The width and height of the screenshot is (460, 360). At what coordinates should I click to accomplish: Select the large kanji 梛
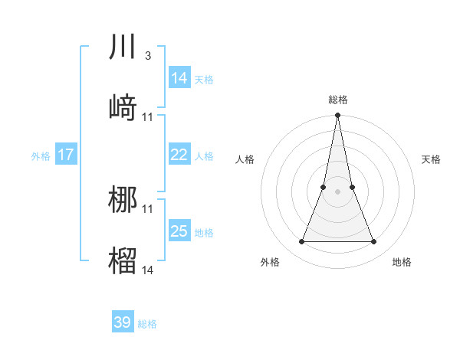click(123, 198)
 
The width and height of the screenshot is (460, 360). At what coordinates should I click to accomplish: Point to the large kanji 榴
click(123, 260)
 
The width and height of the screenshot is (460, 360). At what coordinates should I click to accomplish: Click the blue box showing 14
click(179, 78)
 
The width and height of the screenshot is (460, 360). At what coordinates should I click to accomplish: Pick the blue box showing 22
click(179, 155)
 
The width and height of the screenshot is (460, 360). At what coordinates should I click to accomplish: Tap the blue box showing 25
click(179, 231)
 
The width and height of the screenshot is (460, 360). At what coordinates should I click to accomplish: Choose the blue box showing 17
click(66, 155)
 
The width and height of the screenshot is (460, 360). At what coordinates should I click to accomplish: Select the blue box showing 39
click(123, 322)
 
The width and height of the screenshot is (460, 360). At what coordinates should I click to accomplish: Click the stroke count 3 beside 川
click(147, 56)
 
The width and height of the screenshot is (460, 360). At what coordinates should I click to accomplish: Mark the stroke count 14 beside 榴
click(148, 270)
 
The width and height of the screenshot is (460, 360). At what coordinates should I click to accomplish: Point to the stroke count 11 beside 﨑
click(148, 117)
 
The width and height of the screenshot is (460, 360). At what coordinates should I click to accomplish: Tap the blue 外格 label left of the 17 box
click(41, 156)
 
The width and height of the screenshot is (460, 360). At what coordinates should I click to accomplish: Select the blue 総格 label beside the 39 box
click(147, 324)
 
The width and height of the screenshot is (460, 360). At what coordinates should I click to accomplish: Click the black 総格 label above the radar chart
click(337, 100)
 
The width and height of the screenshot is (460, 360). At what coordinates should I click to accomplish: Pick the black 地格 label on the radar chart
click(402, 263)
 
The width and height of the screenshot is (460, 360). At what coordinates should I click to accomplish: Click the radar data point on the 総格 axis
click(337, 116)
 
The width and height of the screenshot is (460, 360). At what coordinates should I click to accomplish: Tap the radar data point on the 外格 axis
click(301, 242)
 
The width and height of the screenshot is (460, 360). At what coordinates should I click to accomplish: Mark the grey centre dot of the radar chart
click(337, 191)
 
